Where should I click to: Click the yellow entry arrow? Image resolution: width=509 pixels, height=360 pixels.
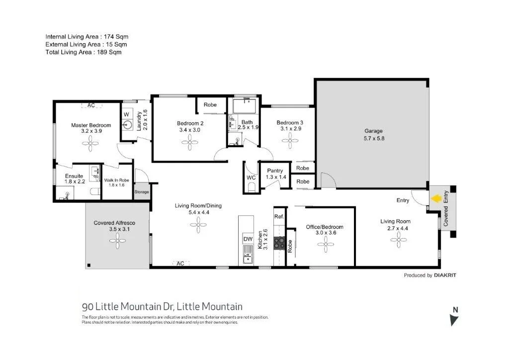pyautogui.click(x=436, y=199)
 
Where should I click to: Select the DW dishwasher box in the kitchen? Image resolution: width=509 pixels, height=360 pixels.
pyautogui.click(x=248, y=239)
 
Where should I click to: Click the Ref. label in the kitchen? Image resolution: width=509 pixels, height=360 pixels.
pyautogui.click(x=279, y=217)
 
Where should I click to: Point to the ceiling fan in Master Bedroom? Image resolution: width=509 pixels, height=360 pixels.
pyautogui.click(x=90, y=145)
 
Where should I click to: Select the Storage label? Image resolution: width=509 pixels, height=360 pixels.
pyautogui.click(x=142, y=192)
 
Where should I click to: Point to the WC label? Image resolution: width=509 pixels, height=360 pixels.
pyautogui.click(x=251, y=178)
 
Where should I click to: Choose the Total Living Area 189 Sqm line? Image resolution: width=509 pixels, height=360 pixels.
pyautogui.click(x=84, y=52)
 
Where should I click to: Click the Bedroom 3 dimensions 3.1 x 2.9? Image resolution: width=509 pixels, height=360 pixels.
pyautogui.click(x=290, y=129)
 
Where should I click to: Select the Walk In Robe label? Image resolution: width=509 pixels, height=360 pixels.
pyautogui.click(x=116, y=180)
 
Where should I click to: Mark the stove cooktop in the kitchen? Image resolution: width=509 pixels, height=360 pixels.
pyautogui.click(x=279, y=243)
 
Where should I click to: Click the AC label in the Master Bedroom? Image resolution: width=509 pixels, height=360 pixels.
pyautogui.click(x=91, y=105)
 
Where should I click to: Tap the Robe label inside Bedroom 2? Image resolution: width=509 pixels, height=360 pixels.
pyautogui.click(x=210, y=105)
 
